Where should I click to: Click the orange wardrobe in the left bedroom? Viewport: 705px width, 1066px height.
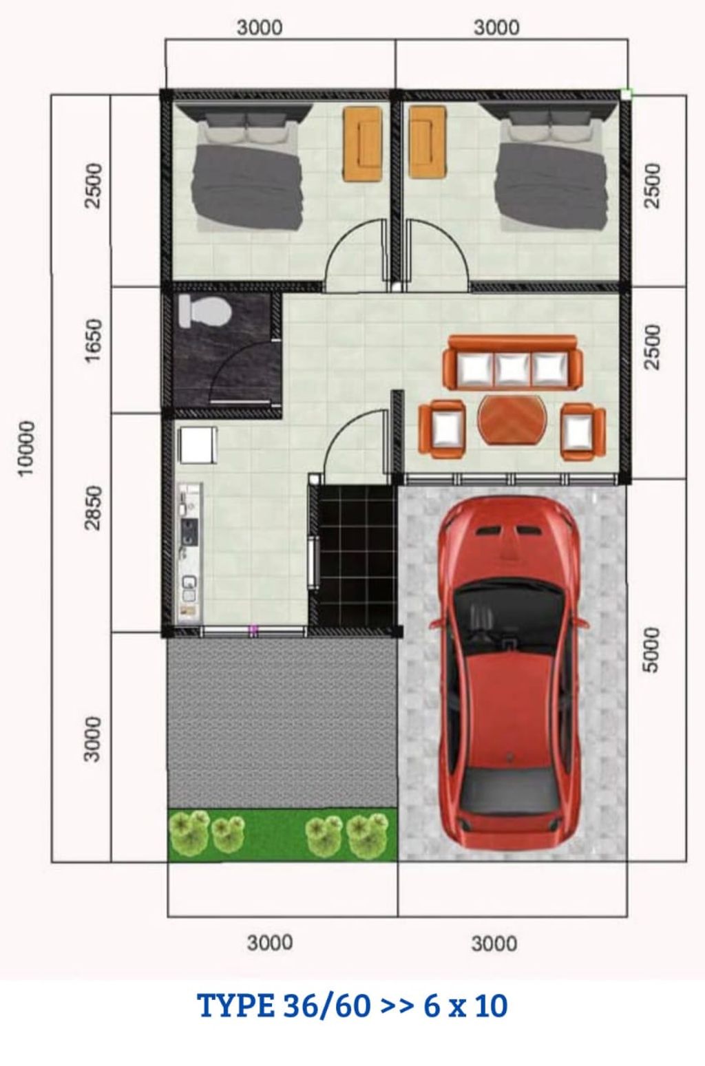[362, 144]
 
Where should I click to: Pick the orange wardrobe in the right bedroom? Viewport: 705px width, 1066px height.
[428, 144]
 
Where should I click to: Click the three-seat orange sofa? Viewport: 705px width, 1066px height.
[512, 363]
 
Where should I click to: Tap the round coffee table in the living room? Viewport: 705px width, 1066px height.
[513, 420]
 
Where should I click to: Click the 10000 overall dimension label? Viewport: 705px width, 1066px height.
[25, 448]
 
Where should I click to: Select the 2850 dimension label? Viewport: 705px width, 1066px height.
[93, 508]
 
